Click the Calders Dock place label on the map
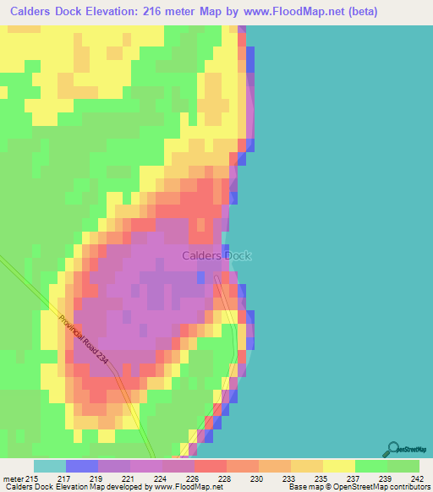point(216,255)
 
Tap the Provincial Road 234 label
point(85,340)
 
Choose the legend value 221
point(130,478)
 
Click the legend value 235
point(322,478)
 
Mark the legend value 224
point(161,478)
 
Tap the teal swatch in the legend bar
point(49,466)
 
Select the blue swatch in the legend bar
point(81,466)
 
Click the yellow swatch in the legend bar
point(338,466)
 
